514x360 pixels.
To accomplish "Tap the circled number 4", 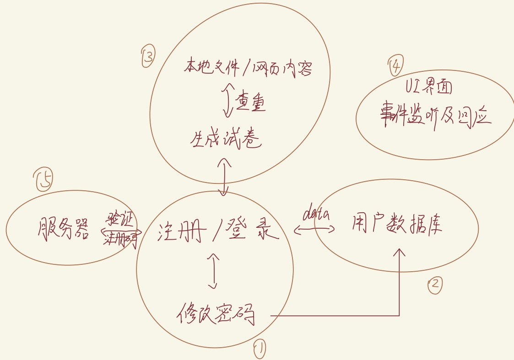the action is click(x=395, y=67).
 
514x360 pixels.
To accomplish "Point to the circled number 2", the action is click(x=435, y=285).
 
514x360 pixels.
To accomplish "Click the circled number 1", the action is click(x=259, y=349).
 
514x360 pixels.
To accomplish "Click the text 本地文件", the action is click(x=211, y=68).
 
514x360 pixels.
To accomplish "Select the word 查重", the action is click(x=250, y=103).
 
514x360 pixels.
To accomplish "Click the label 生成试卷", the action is click(x=226, y=139).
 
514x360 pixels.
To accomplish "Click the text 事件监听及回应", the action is click(x=435, y=117).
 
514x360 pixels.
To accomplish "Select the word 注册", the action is click(x=179, y=233).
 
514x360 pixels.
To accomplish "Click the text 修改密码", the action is click(x=216, y=314).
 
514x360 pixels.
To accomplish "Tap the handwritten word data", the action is click(x=317, y=214).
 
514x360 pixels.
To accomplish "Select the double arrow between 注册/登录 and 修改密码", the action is click(x=213, y=271).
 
